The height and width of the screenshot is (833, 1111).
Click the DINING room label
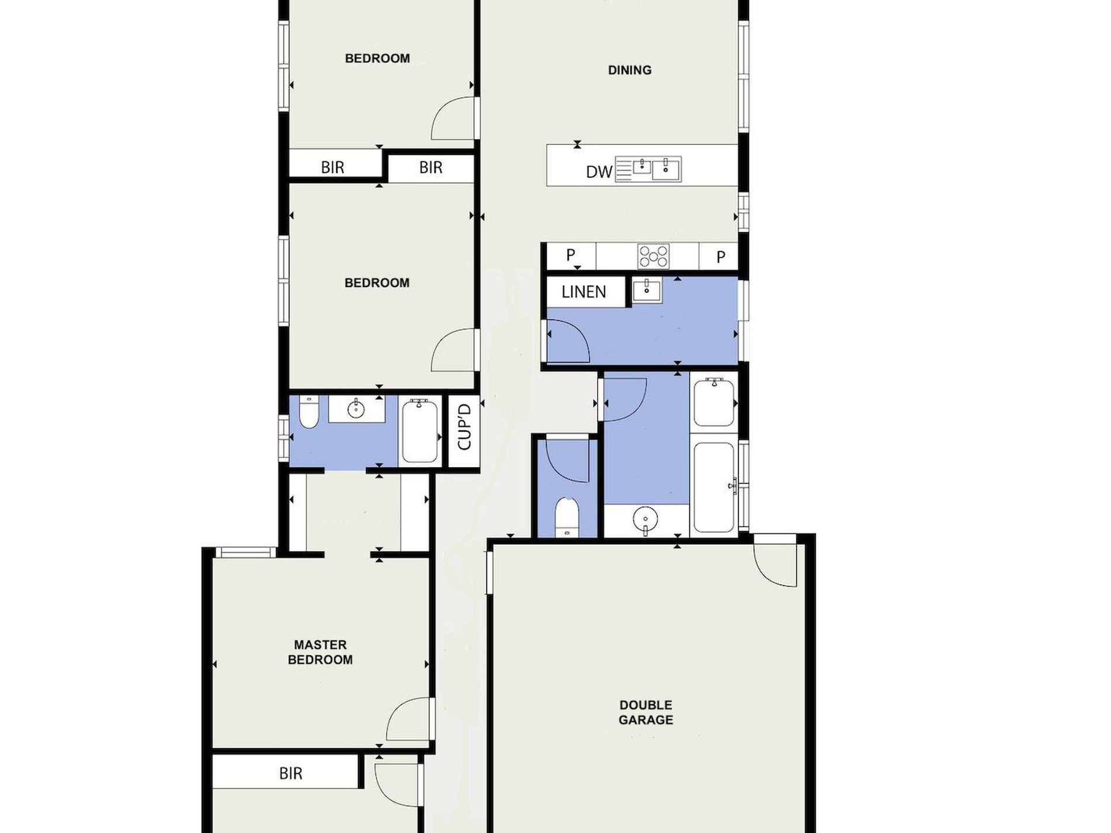click(x=629, y=70)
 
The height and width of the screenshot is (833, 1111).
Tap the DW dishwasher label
click(x=599, y=172)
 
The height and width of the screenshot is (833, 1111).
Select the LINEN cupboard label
click(x=584, y=292)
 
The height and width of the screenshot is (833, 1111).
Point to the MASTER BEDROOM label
click(x=320, y=652)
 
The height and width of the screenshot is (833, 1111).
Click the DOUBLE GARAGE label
click(x=646, y=713)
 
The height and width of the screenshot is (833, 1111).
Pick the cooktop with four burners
click(x=653, y=256)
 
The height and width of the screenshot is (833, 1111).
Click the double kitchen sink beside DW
click(x=648, y=170)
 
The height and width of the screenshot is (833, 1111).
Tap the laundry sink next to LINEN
click(x=646, y=291)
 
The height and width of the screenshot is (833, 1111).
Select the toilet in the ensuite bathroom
click(x=309, y=412)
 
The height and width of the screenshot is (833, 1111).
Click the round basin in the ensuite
click(x=356, y=409)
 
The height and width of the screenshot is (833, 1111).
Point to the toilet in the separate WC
click(x=567, y=517)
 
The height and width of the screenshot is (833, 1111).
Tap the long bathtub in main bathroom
click(x=714, y=487)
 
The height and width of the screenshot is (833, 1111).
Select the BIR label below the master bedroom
click(x=291, y=773)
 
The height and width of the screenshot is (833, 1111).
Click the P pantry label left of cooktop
click(x=571, y=254)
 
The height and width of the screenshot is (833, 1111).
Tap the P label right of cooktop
click(x=721, y=256)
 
